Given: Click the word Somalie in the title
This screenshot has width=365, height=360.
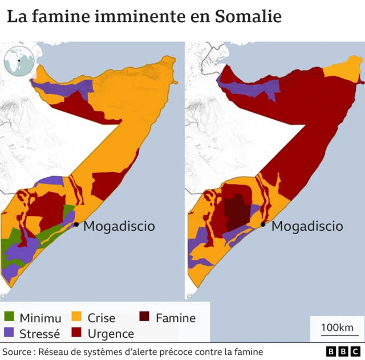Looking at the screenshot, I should [248, 17].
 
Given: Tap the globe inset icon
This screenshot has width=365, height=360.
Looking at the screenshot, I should [18, 61].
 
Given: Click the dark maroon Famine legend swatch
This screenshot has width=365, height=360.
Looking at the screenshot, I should [145, 318].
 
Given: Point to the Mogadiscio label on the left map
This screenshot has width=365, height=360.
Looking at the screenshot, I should [119, 226].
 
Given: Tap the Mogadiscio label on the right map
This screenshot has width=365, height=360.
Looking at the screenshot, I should [307, 226].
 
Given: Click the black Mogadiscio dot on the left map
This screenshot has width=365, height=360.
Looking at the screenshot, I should [76, 224].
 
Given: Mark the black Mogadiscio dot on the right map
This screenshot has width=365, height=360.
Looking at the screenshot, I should [263, 224].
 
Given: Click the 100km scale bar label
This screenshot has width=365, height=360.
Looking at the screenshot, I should [336, 328].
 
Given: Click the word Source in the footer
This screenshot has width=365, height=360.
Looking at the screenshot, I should [17, 351].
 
